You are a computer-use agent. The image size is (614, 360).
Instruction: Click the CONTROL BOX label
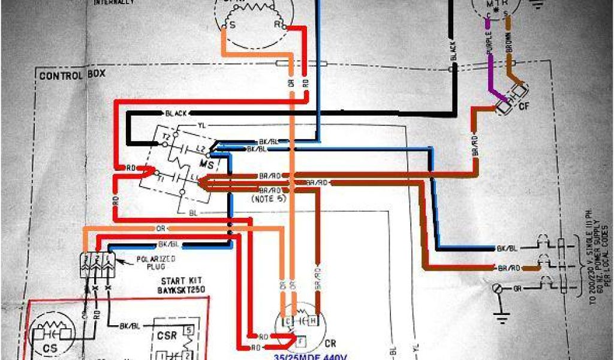click(71, 76)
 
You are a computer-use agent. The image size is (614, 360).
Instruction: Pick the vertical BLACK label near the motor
click(453, 53)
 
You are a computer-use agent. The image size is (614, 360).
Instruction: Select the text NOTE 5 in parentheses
click(264, 197)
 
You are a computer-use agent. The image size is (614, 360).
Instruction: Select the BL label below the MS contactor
click(192, 212)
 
